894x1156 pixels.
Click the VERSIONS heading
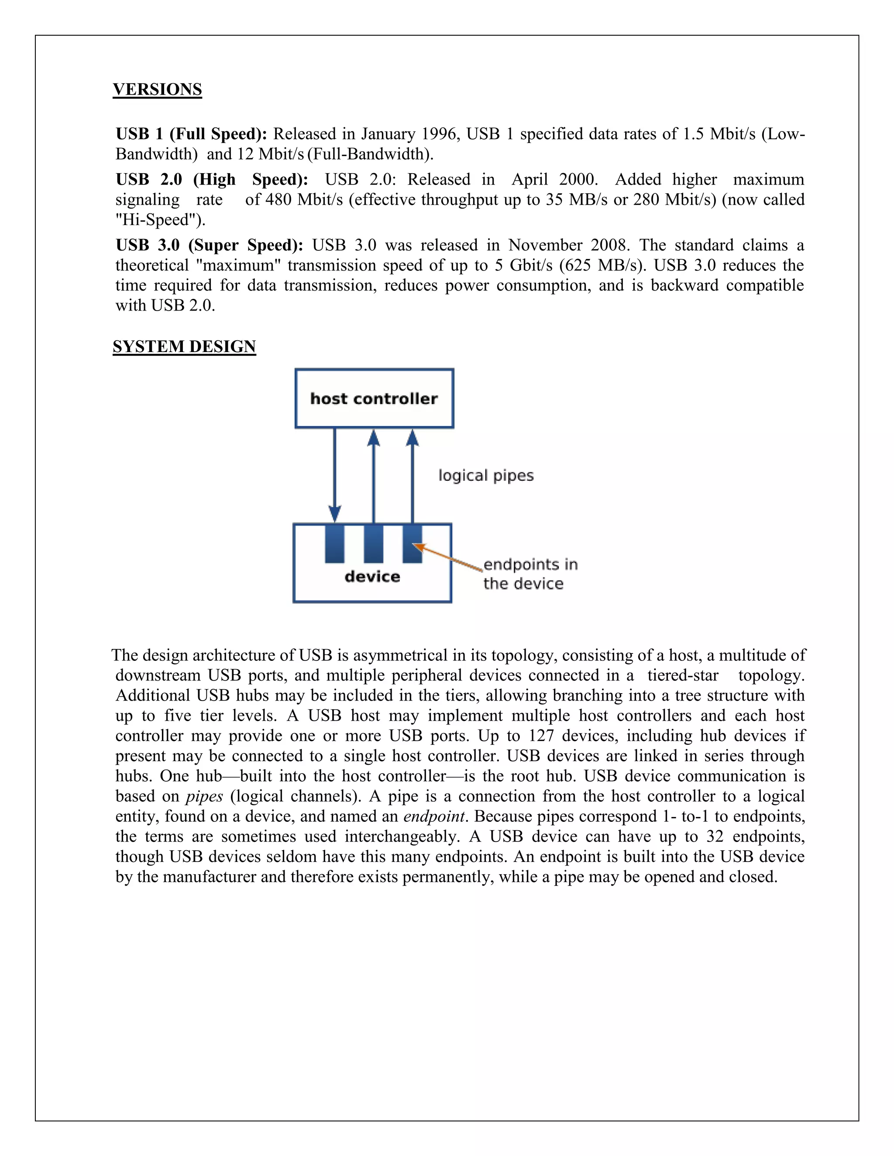[157, 89]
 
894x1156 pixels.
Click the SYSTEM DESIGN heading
[184, 347]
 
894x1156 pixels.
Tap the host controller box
[374, 399]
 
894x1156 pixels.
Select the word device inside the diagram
[372, 576]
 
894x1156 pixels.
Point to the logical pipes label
[486, 475]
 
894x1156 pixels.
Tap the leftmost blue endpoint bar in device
[335, 543]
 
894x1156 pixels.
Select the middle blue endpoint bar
[373, 543]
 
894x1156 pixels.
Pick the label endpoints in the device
[530, 574]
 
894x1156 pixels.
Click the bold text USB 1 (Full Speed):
[191, 134]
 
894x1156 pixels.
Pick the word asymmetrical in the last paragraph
[400, 656]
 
